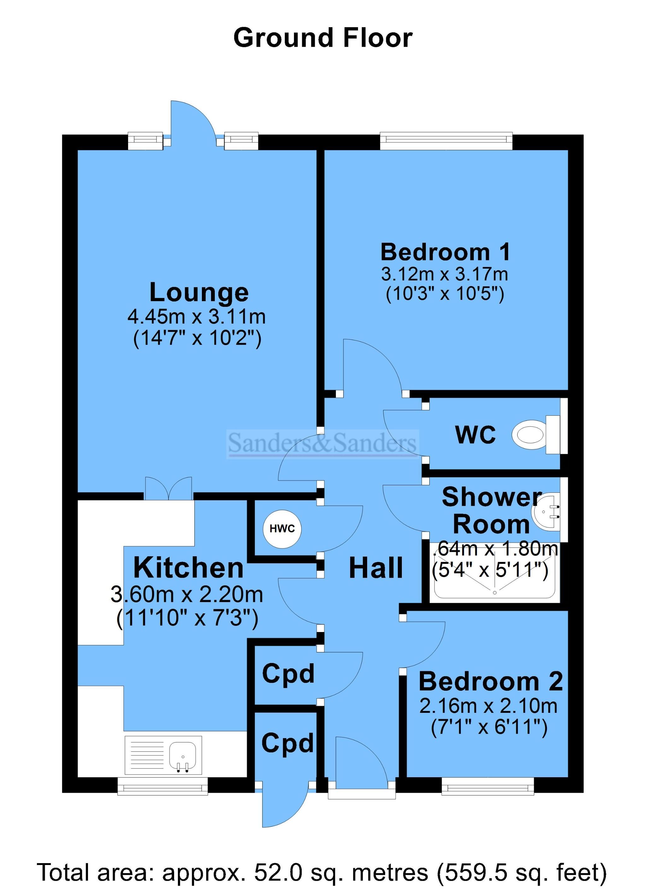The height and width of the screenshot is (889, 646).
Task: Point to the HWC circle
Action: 282,529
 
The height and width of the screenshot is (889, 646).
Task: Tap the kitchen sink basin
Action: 183,756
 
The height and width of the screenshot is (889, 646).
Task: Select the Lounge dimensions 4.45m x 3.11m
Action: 197,316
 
